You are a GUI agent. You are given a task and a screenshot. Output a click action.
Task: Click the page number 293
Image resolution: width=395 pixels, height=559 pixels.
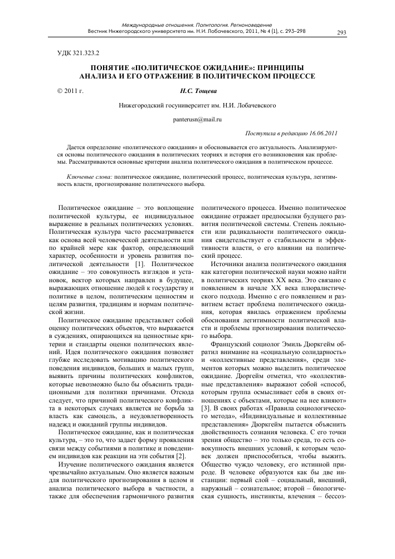click(342, 32)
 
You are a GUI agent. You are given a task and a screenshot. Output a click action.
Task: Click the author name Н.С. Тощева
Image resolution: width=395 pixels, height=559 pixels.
click(197, 89)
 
